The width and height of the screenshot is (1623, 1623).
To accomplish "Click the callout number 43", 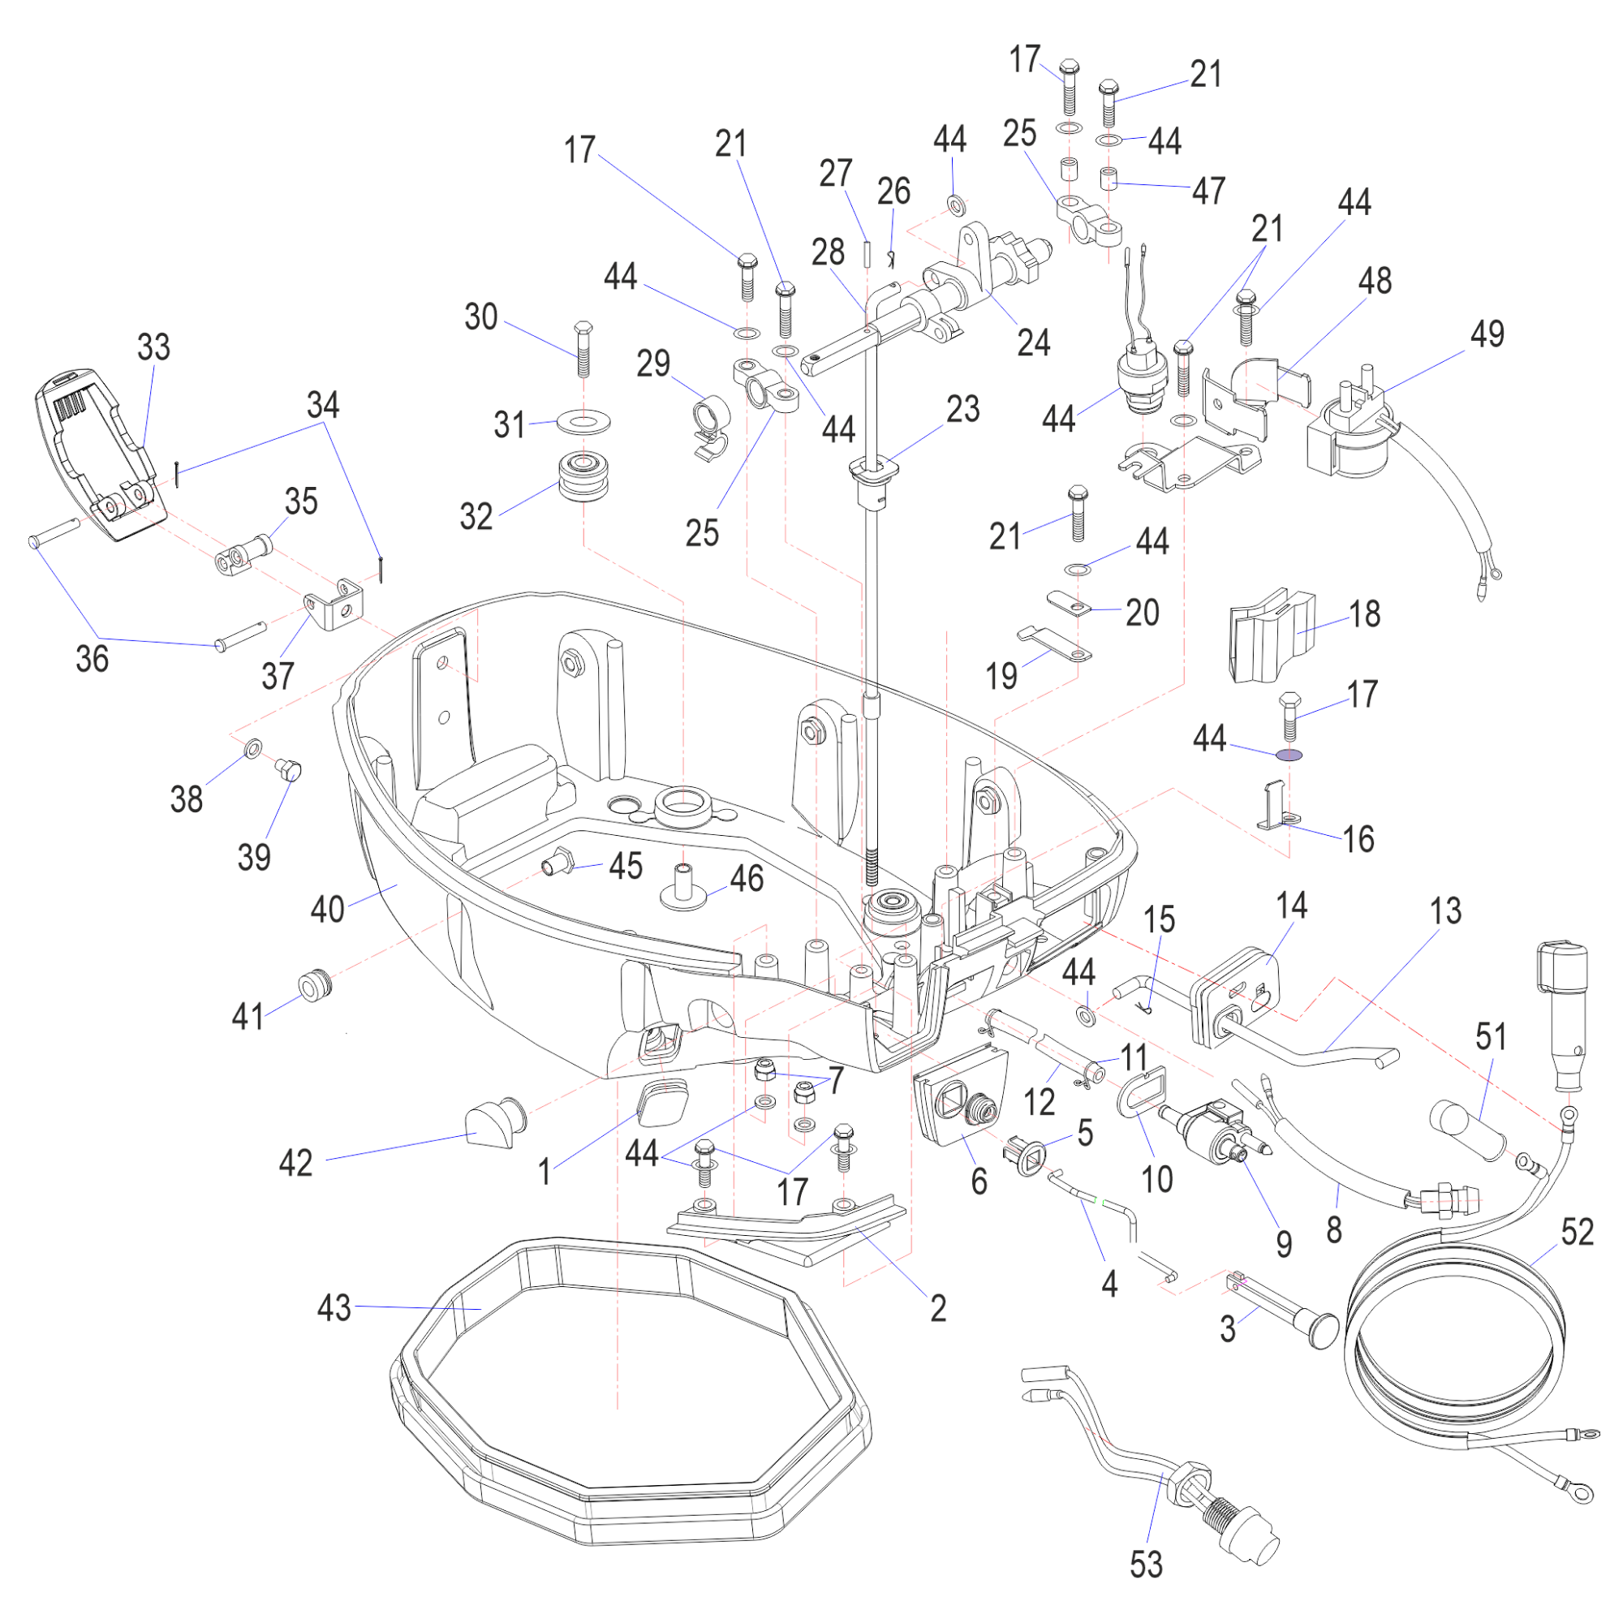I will [334, 1308].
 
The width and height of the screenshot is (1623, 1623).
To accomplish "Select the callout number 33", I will [153, 347].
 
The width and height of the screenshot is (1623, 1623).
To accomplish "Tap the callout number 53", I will [1146, 1565].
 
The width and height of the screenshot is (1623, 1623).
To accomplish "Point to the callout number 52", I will [1577, 1233].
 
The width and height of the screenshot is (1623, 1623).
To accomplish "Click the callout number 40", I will [328, 909].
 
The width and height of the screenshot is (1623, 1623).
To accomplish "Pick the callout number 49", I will [1487, 334].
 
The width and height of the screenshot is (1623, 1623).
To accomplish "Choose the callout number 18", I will [1364, 614].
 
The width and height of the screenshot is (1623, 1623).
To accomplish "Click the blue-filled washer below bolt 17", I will [1289, 755].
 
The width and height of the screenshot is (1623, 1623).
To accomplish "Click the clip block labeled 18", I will [1271, 635].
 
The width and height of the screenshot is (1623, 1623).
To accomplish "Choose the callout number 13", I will [1445, 911].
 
